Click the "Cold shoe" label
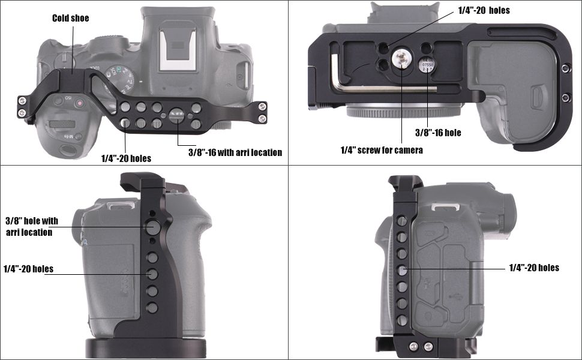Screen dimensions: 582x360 [x=71, y=18]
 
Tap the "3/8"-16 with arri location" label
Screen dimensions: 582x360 [x=235, y=152]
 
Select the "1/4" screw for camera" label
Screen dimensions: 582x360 [x=382, y=150]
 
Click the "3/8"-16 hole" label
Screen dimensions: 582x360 [x=438, y=133]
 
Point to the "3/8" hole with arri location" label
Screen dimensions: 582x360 [x=32, y=226]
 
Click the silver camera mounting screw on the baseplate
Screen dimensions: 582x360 [x=401, y=58]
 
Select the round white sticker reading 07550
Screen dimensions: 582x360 [x=428, y=65]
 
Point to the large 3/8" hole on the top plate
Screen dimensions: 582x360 [x=176, y=116]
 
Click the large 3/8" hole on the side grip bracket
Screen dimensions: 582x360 [x=151, y=227]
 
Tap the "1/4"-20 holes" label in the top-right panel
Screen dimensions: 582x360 [x=484, y=10]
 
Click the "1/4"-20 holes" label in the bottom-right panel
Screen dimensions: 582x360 [x=534, y=268]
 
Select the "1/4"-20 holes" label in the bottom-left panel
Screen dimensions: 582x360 [x=28, y=269]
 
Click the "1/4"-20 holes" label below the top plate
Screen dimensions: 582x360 [x=126, y=158]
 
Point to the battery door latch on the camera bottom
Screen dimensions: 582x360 [x=536, y=98]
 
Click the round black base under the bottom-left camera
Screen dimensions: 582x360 [x=145, y=348]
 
